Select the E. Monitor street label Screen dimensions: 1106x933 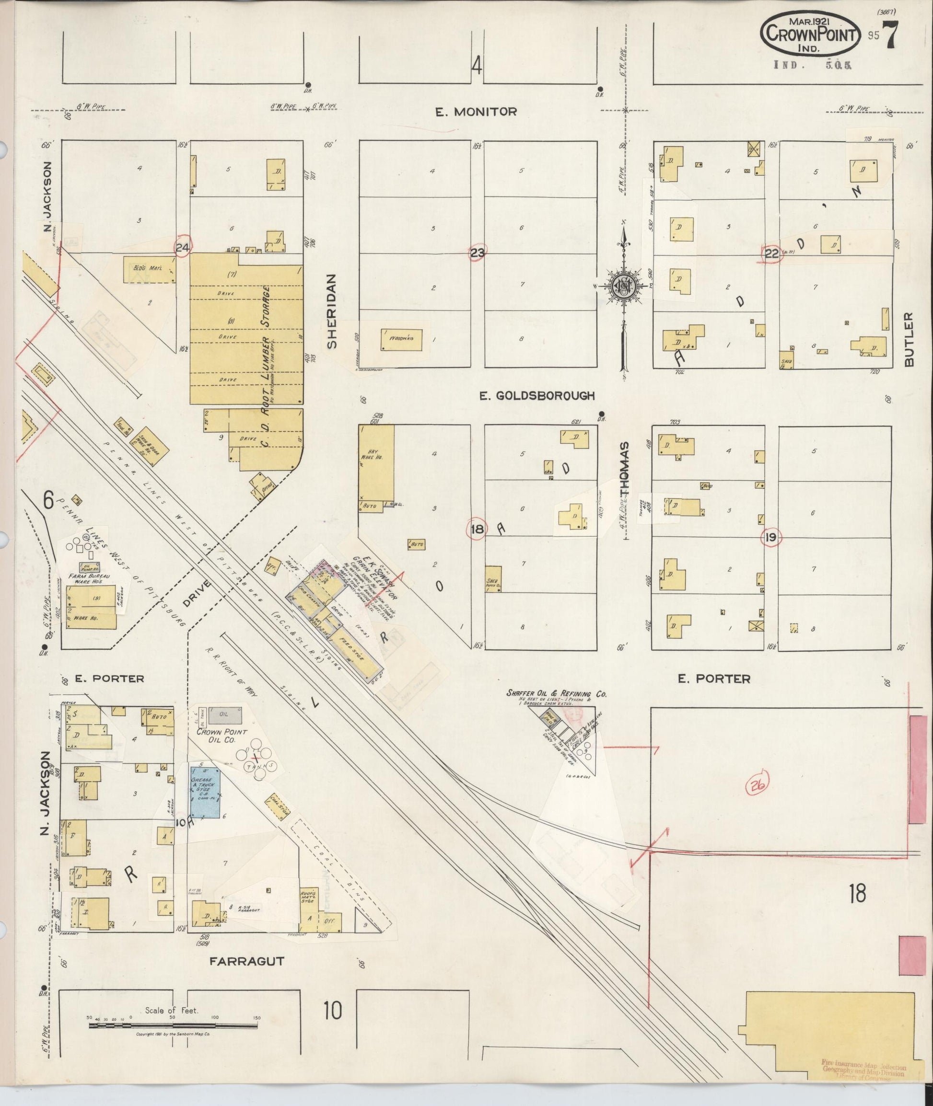click(x=476, y=112)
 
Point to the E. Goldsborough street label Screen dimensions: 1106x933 click(x=537, y=395)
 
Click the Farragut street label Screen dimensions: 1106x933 click(x=247, y=961)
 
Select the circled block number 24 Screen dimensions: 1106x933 click(x=183, y=247)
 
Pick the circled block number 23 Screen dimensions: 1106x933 click(x=477, y=253)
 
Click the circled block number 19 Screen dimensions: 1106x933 click(x=770, y=538)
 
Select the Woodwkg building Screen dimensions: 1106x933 click(x=401, y=339)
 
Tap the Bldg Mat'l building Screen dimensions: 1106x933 click(x=149, y=270)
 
